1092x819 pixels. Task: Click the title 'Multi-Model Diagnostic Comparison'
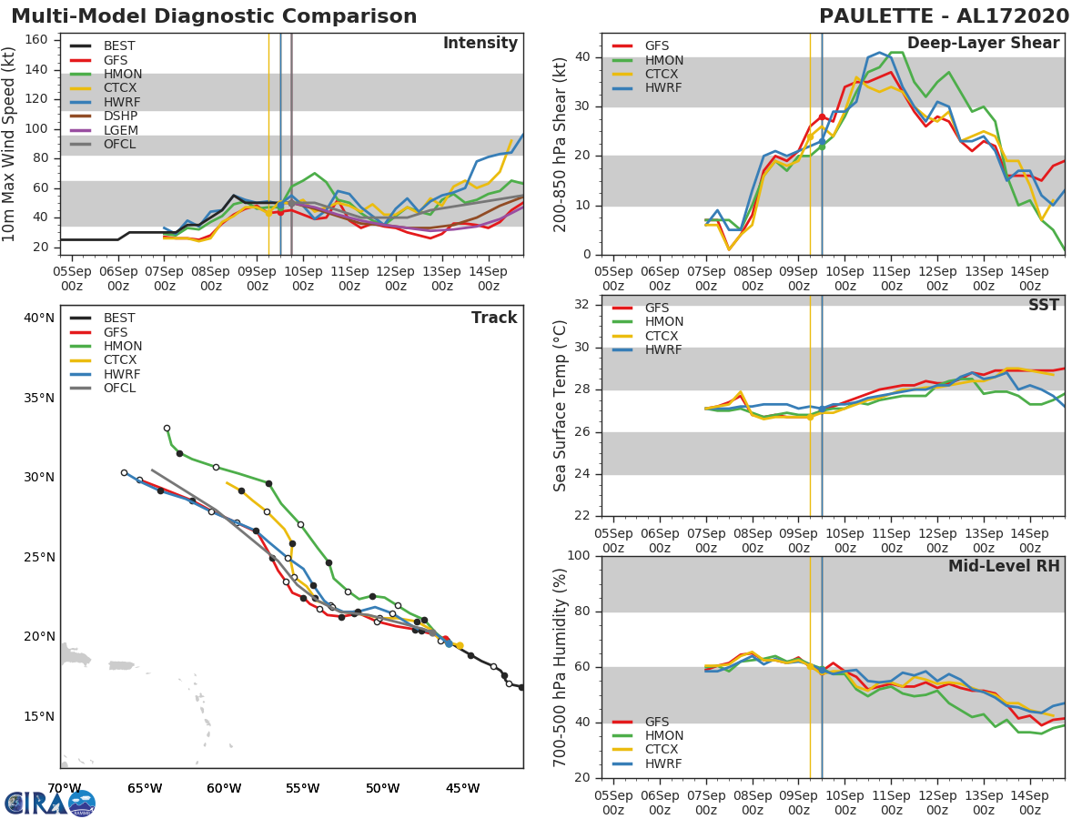(214, 16)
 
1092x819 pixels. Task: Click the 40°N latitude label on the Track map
(39, 318)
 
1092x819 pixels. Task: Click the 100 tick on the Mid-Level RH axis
(579, 556)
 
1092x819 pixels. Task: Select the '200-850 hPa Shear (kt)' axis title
(561, 144)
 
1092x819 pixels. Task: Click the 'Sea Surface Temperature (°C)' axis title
(561, 405)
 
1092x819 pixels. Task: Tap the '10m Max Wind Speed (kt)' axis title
(10, 144)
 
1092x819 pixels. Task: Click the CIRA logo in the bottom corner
(50, 803)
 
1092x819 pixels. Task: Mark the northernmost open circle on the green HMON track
(167, 428)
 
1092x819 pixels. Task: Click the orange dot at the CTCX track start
(460, 645)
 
